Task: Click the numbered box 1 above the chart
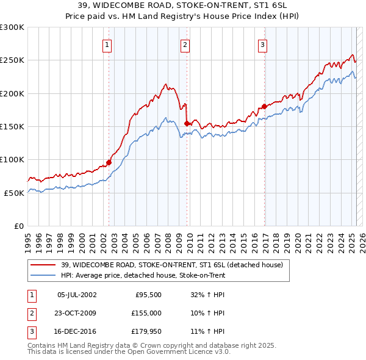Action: pyautogui.click(x=107, y=44)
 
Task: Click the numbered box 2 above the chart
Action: pyautogui.click(x=185, y=44)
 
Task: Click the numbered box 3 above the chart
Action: pyautogui.click(x=262, y=44)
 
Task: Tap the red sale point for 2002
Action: pyautogui.click(x=109, y=162)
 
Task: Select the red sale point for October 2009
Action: pyautogui.click(x=187, y=123)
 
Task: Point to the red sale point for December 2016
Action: pyautogui.click(x=264, y=107)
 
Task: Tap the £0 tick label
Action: pyautogui.click(x=18, y=226)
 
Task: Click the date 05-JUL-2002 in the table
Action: pyautogui.click(x=76, y=295)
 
